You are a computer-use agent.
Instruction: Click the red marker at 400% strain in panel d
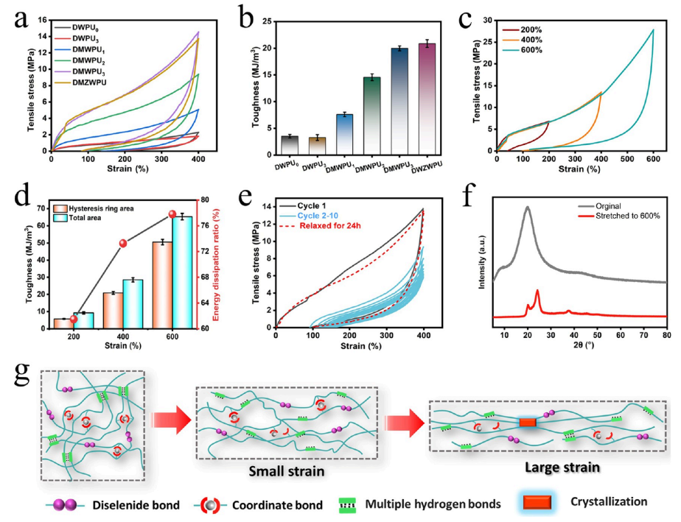point(123,243)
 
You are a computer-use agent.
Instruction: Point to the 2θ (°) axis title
point(579,353)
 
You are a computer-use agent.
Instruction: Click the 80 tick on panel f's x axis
point(666,338)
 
